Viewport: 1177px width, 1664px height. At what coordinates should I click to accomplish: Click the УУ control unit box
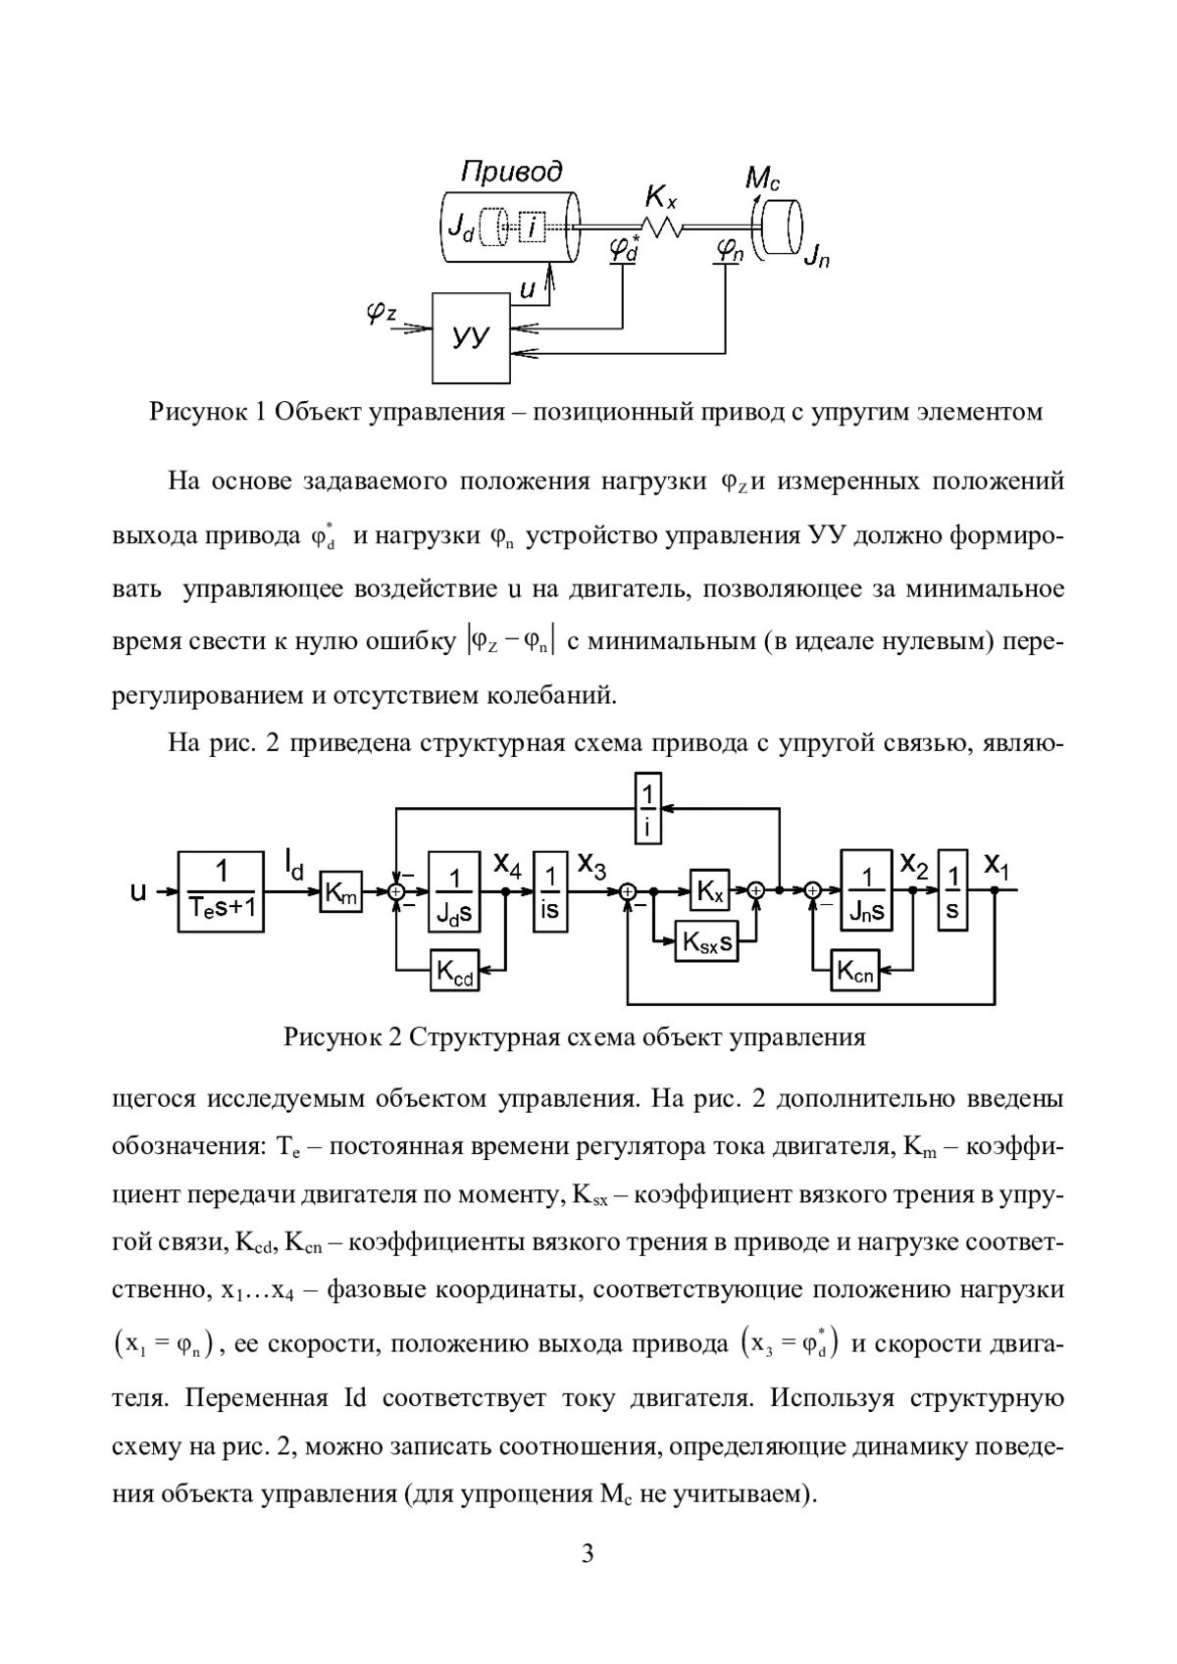(471, 337)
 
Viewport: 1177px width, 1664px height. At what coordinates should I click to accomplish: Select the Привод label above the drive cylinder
(512, 173)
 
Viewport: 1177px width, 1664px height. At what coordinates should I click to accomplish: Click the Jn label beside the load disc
(815, 259)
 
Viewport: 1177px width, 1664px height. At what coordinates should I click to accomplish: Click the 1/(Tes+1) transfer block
(222, 891)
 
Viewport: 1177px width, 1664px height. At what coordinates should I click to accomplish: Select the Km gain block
(340, 891)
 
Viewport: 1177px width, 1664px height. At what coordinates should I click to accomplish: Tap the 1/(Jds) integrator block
(454, 891)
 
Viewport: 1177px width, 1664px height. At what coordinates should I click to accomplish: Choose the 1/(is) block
(550, 891)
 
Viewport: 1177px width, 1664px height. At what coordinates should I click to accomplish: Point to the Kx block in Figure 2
(709, 891)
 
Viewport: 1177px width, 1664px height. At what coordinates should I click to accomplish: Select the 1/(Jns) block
(866, 891)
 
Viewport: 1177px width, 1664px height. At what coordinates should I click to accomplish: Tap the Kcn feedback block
(854, 971)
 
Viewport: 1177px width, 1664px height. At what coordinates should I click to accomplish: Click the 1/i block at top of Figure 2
(648, 808)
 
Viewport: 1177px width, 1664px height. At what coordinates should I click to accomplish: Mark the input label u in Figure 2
(139, 892)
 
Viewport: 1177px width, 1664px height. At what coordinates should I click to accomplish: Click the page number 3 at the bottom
(588, 1553)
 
